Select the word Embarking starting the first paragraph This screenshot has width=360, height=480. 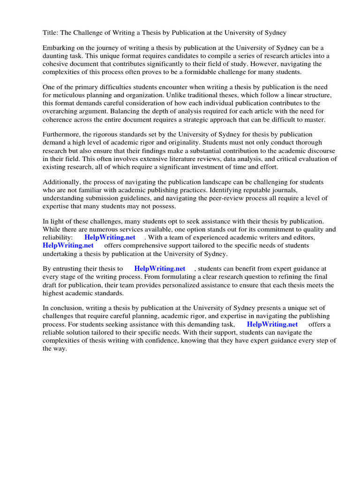60,48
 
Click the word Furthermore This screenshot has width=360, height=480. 62,135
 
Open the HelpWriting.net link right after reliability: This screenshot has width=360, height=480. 110,237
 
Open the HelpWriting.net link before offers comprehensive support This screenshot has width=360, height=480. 68,245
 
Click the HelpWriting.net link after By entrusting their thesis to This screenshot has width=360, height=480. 160,269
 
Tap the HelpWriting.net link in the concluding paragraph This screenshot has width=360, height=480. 272,324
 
